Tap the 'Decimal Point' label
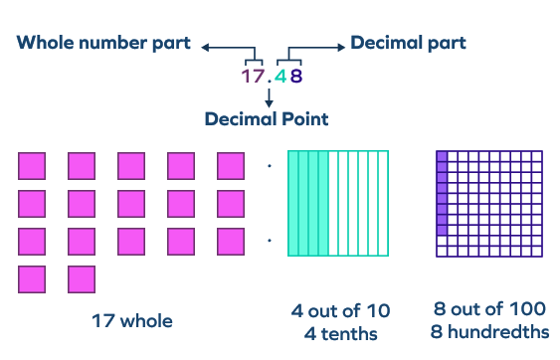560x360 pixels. [267, 118]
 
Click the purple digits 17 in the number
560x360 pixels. [253, 75]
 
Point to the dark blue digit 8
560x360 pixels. [295, 75]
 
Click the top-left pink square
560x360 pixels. [32, 165]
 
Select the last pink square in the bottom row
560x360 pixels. [82, 278]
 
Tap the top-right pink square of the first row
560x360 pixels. [231, 165]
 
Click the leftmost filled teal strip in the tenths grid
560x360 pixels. [292, 203]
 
